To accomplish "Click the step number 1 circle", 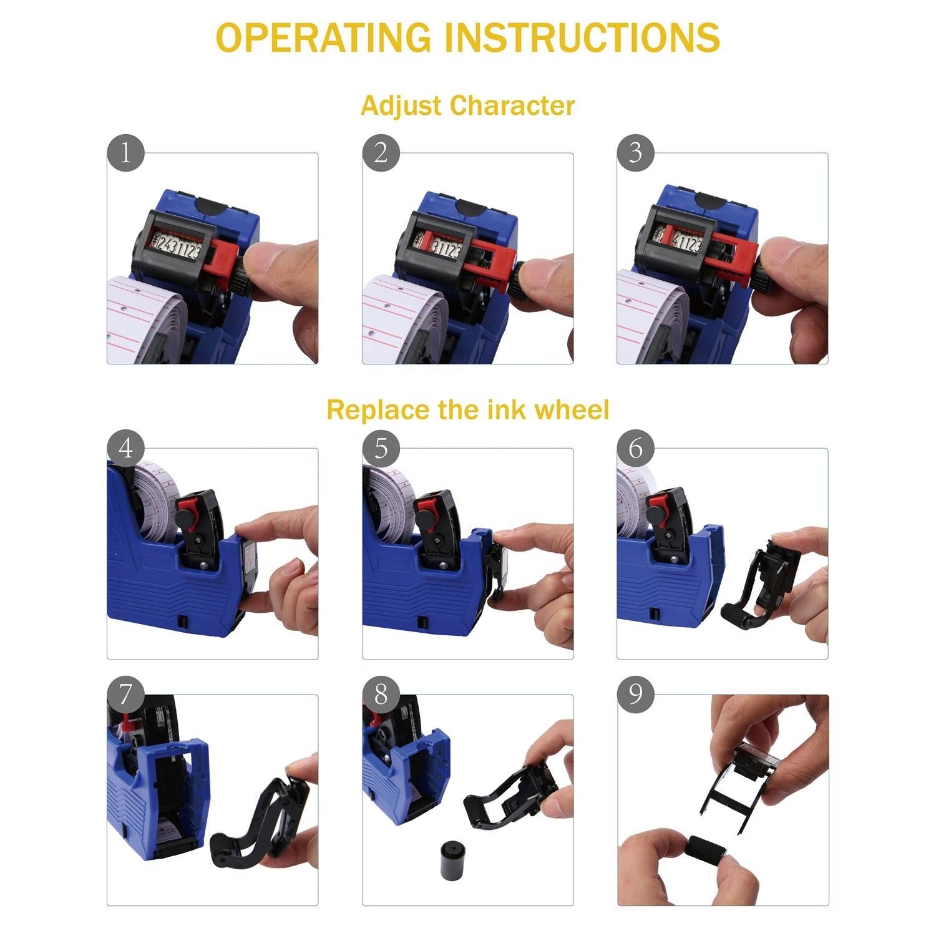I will point(125,153).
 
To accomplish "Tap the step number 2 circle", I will point(381,153).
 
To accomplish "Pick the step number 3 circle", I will point(635,153).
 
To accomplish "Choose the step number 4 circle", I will point(125,448).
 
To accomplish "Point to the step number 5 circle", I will point(381,448).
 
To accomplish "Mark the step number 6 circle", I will point(635,448).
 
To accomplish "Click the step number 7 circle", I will point(125,695).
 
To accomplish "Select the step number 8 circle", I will point(381,695).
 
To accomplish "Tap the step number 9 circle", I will point(635,695).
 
